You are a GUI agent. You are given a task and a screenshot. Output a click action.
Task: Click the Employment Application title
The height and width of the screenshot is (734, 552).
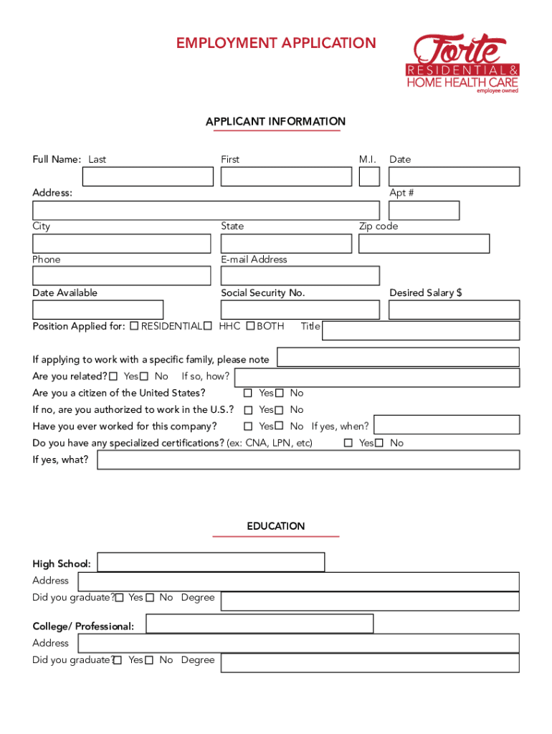(276, 43)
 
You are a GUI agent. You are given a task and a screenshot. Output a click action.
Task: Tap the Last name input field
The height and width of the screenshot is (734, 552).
(148, 176)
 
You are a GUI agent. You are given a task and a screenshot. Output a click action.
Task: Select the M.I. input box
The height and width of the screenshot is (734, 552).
(369, 176)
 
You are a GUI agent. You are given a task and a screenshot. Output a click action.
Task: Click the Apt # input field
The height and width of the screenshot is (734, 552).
(424, 211)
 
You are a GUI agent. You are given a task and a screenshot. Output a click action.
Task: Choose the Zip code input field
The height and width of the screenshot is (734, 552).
(424, 244)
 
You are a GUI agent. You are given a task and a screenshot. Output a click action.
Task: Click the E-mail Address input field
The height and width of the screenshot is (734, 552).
(300, 276)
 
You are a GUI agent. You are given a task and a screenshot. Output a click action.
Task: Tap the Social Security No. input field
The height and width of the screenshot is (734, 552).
(300, 310)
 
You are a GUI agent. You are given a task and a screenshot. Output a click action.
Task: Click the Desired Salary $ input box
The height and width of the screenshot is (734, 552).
(454, 310)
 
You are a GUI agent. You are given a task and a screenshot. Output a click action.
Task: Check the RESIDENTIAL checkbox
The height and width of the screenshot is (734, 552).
(134, 327)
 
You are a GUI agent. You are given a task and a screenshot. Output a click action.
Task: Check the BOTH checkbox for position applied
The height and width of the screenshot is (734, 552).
(250, 327)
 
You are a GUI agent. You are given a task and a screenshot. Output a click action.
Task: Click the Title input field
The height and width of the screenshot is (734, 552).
(422, 330)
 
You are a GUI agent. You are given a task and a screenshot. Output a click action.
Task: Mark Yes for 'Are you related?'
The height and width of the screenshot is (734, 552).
(114, 377)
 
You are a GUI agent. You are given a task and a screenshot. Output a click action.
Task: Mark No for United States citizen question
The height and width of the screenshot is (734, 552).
(280, 394)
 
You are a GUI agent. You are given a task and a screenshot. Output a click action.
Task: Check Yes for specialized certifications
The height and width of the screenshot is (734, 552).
(348, 444)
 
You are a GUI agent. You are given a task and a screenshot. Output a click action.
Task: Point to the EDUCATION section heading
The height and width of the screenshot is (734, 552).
(276, 526)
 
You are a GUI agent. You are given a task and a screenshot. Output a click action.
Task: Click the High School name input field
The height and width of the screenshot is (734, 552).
(211, 562)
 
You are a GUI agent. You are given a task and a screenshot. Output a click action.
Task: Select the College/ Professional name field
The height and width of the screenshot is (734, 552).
(260, 624)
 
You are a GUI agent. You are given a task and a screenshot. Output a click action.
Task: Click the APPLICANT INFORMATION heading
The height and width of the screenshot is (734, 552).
(276, 122)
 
